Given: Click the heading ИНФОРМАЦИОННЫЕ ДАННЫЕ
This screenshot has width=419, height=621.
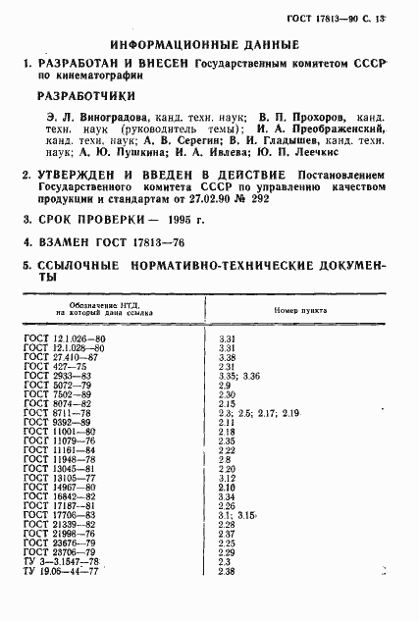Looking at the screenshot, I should [205, 44].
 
